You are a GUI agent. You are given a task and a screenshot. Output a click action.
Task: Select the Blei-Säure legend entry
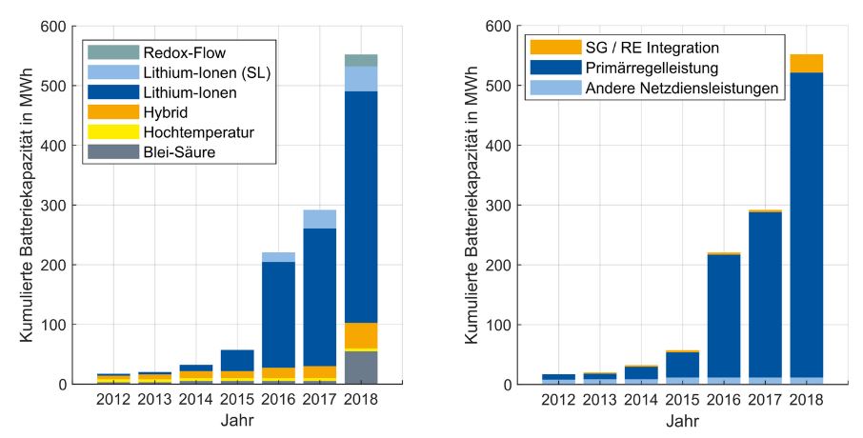click(167, 151)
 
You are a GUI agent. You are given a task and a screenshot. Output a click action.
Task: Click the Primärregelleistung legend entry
click(643, 68)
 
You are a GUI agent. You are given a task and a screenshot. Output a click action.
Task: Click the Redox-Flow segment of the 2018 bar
click(360, 60)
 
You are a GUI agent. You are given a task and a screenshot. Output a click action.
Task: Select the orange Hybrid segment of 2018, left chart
click(360, 335)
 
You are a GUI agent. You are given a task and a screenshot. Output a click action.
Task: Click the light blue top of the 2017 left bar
click(319, 219)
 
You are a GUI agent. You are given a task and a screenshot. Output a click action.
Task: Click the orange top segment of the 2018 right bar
click(807, 63)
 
